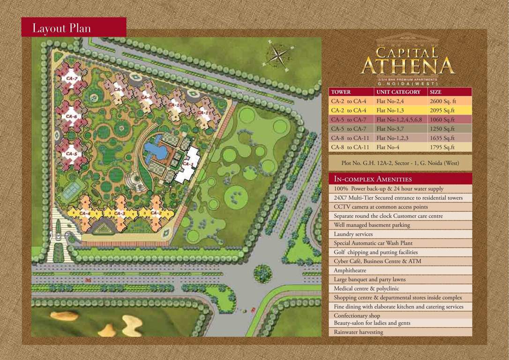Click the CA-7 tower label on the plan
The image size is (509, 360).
[x=72, y=79]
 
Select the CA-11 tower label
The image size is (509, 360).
[x=204, y=112]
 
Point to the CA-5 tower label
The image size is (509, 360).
[x=71, y=154]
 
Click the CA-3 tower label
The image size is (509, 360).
[x=120, y=213]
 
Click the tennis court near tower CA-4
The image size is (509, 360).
[x=70, y=190]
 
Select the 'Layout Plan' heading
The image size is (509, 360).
[x=61, y=28]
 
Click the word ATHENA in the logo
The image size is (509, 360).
[x=407, y=66]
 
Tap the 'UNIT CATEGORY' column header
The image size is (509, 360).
[x=398, y=92]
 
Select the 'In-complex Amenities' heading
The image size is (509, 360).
[x=373, y=179]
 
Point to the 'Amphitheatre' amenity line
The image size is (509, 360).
[x=350, y=270]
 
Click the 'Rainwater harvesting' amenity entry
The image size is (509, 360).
[x=358, y=332]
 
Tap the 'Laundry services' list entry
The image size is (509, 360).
[x=353, y=234]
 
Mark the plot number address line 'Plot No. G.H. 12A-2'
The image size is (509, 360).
[x=400, y=163]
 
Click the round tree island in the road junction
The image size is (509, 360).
[x=263, y=273]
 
